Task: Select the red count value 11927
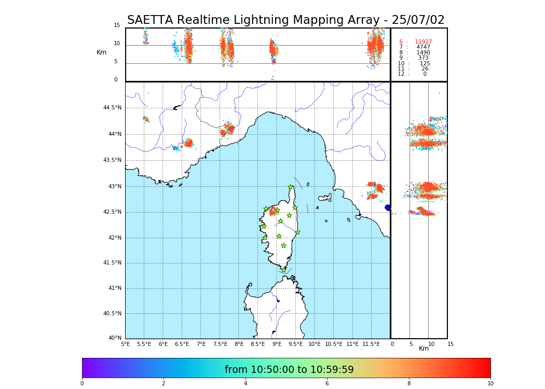point(423,42)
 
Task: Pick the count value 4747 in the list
point(423,47)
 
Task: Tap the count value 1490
point(423,53)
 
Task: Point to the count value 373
point(423,58)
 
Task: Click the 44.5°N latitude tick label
point(112,108)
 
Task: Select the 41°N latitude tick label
point(115,288)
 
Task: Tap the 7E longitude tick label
point(201,344)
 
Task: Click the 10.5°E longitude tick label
point(334,344)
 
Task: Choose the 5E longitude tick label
point(125,344)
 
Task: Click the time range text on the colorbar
point(289,370)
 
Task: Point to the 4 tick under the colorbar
point(246,384)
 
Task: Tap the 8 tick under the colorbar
point(409,384)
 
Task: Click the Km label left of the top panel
point(101,52)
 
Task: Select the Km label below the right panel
point(424,349)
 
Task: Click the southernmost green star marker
point(283,270)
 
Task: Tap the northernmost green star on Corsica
point(291,187)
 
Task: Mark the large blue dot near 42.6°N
point(388,207)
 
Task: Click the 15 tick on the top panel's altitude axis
point(117,25)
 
